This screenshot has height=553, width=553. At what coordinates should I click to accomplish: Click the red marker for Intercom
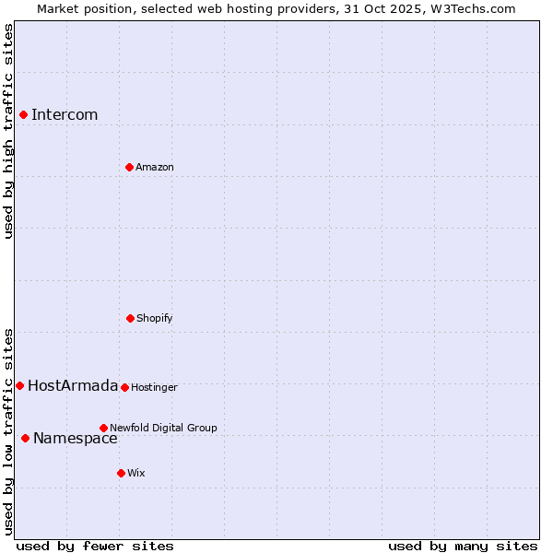tap(23, 114)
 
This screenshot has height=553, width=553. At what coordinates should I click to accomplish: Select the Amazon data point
tap(129, 167)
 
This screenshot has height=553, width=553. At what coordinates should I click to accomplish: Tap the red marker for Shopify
tap(130, 318)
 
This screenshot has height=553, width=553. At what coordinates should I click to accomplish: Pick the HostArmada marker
tap(19, 385)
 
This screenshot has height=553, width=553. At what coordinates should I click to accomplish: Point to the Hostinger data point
tap(124, 387)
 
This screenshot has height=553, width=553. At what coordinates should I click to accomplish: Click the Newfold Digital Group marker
tap(103, 428)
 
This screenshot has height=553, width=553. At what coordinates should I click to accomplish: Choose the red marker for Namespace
tap(25, 438)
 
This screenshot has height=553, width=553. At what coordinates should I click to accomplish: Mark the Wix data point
tap(121, 473)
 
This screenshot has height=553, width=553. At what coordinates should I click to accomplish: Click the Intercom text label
tap(65, 114)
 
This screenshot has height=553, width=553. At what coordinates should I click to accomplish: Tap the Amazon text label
tap(155, 167)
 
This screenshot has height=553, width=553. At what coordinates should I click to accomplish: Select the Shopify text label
tap(155, 318)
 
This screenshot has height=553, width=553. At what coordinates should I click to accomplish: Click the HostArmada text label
tap(73, 385)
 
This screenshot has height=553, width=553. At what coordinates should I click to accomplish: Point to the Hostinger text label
tap(154, 387)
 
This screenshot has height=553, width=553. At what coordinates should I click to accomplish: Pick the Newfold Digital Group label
tap(163, 428)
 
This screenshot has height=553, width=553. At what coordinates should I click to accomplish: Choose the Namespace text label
tap(76, 438)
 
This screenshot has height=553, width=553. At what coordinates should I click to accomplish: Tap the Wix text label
tap(136, 473)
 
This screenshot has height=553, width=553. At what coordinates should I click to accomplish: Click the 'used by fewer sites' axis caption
tap(95, 546)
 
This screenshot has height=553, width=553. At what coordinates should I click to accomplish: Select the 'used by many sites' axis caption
tap(463, 546)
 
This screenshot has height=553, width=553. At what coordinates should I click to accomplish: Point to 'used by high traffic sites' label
tap(8, 131)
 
